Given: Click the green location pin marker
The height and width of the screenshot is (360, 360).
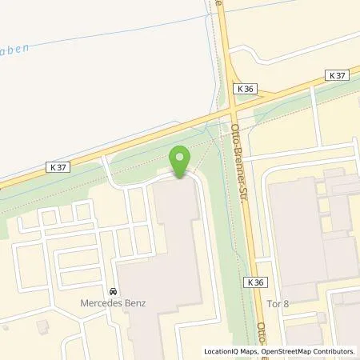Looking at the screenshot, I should click(x=179, y=159).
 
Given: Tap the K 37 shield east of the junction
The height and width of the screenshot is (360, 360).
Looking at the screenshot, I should click(x=338, y=74).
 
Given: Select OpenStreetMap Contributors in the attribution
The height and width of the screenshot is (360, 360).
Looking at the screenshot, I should click(x=307, y=350).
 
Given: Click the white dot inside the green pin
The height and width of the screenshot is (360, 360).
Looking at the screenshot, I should click(x=179, y=155).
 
